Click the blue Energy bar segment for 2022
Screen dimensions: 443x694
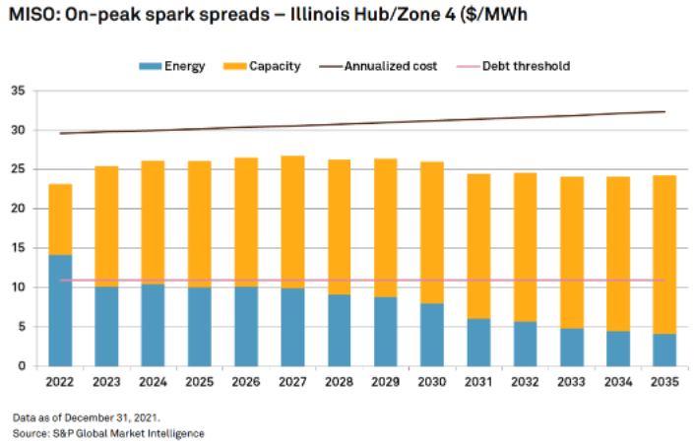(x=60, y=310)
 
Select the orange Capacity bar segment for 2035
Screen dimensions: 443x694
(x=664, y=255)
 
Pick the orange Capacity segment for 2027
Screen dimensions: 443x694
(x=292, y=221)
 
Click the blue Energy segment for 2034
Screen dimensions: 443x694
(x=618, y=348)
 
